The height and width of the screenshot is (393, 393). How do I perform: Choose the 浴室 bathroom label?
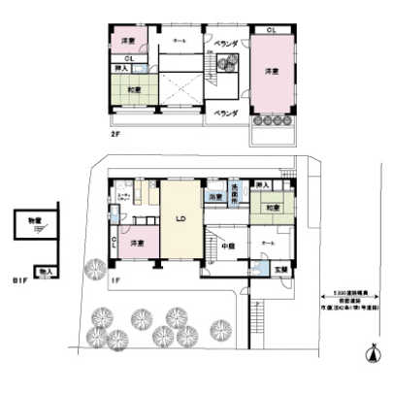(x=214, y=197)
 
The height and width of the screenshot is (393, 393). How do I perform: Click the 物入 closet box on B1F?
(x=43, y=273)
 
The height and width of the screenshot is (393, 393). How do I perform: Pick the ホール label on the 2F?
(x=180, y=42)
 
